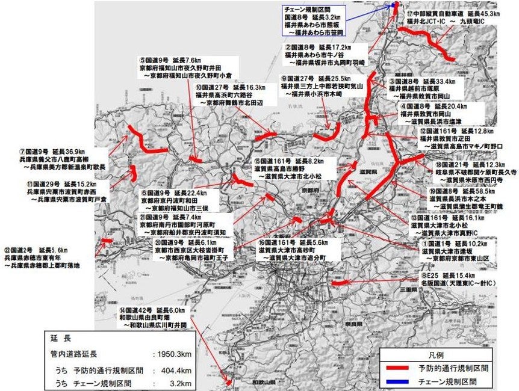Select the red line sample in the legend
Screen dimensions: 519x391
[x=399, y=368]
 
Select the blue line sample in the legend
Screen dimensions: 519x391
[x=399, y=381]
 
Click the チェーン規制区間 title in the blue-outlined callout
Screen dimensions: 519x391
[x=309, y=10]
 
